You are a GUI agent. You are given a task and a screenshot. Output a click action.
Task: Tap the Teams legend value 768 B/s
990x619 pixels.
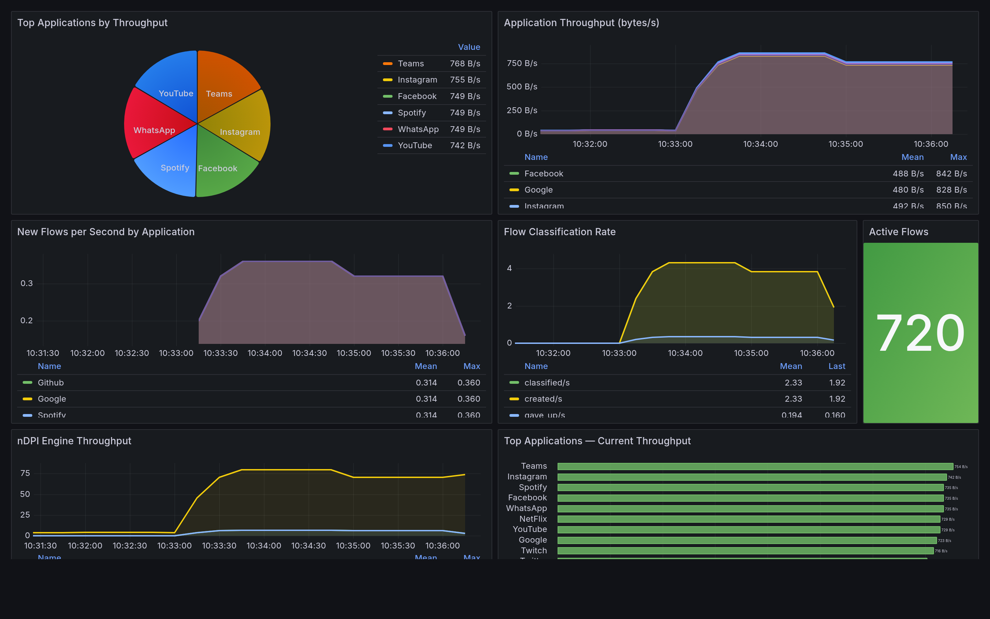pos(465,64)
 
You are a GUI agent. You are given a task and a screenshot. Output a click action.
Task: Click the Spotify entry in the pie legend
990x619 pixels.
pos(411,112)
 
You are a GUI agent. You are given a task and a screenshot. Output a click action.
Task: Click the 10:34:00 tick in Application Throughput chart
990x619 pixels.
pos(760,144)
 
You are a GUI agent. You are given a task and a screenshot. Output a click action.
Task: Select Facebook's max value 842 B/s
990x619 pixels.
pos(951,174)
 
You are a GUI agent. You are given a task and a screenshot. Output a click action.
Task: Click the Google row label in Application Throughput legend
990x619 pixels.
pos(538,190)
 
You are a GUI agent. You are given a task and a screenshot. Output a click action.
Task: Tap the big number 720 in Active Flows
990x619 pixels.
pos(920,333)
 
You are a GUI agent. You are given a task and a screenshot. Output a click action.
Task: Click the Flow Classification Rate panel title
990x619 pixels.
pos(559,232)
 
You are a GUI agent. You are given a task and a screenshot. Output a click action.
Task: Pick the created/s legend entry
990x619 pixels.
pos(543,399)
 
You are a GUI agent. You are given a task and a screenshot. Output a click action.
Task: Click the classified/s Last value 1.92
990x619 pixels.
pos(837,382)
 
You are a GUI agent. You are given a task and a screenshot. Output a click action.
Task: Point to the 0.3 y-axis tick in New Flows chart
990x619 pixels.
pos(26,283)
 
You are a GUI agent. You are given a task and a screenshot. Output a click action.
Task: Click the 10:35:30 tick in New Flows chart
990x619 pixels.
pos(398,353)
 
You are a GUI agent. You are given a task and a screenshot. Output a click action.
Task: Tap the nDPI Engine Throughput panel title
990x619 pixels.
pos(74,441)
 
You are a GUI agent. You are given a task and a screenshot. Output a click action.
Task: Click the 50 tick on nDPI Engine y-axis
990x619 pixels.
pos(25,494)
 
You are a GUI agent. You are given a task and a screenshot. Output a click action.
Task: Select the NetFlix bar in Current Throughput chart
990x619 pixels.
pos(748,519)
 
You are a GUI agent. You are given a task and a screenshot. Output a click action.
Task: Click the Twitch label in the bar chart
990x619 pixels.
pos(533,551)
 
